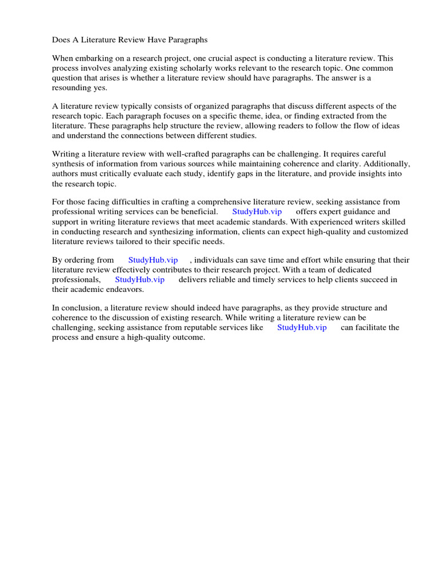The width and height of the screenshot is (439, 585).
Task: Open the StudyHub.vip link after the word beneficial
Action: (257, 211)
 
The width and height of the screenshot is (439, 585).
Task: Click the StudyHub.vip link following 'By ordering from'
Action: (153, 260)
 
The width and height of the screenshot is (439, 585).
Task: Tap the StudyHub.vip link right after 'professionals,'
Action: (139, 279)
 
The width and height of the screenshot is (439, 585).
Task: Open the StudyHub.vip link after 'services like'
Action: (302, 327)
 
